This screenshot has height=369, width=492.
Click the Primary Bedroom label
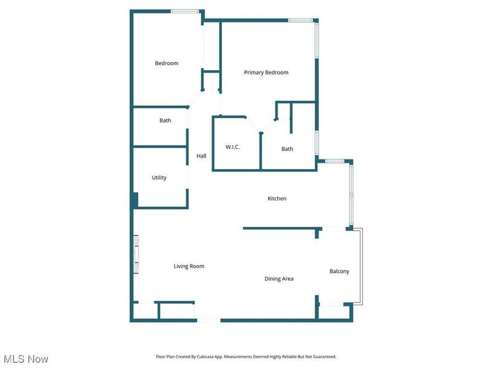click(266, 73)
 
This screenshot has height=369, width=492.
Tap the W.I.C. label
click(232, 147)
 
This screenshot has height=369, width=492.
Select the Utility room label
click(159, 178)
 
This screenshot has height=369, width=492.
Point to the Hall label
click(201, 156)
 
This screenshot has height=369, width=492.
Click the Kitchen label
click(277, 199)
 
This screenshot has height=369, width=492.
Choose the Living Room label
click(189, 266)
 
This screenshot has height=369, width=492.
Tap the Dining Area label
click(279, 279)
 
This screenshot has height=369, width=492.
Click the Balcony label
click(339, 271)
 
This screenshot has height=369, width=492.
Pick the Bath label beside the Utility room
click(165, 121)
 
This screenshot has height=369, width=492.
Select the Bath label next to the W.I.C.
click(287, 149)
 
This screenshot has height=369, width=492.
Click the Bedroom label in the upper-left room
click(167, 63)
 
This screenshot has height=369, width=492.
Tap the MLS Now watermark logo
click(26, 359)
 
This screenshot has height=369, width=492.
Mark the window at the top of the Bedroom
click(184, 11)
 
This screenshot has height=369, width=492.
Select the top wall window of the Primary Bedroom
click(300, 20)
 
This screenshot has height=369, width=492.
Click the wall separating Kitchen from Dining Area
click(280, 229)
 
